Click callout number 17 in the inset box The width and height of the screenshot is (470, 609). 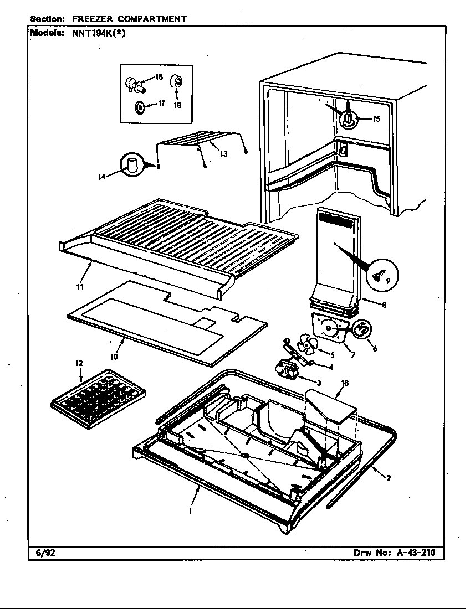click(162, 103)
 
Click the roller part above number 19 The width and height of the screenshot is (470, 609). click(177, 82)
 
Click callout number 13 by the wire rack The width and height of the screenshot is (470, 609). click(223, 154)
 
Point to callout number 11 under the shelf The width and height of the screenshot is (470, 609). click(80, 286)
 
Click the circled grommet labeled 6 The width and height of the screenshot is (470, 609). click(361, 331)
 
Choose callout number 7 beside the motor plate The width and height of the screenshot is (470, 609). click(352, 354)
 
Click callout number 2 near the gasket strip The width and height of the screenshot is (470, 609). click(389, 478)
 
